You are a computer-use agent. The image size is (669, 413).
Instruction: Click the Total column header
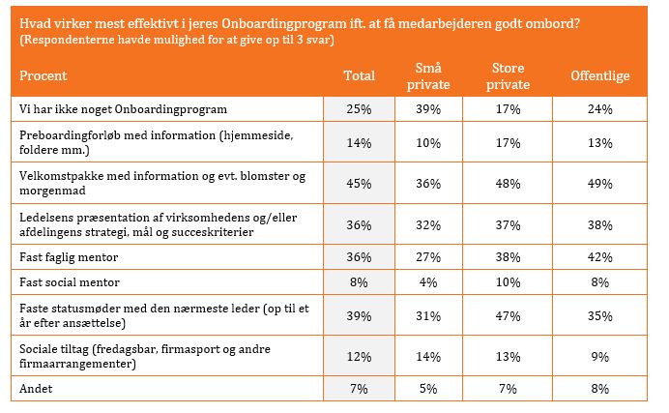360,75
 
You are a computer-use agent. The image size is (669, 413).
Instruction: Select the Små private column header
428,76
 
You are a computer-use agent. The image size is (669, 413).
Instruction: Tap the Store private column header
508,76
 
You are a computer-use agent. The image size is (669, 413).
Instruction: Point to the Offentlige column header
600,75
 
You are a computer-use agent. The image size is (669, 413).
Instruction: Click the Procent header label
44,75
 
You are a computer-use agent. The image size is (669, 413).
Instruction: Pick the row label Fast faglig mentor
69,257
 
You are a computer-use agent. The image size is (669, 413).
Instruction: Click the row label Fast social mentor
70,282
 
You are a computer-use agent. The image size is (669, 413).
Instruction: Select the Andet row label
36,389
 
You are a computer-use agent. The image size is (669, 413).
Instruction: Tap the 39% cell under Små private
428,109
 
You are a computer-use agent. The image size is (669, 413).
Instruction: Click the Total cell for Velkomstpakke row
359,184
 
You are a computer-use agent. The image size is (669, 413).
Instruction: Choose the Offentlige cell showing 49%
600,184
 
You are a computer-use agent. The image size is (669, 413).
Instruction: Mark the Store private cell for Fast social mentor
508,282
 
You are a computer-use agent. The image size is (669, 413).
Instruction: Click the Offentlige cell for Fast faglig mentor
600,257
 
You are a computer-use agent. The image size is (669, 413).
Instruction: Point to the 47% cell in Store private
508,315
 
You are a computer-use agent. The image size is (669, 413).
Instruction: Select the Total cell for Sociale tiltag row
359,356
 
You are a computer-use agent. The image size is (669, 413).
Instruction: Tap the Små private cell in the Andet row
428,389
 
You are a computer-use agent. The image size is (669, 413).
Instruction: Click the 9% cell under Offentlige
600,356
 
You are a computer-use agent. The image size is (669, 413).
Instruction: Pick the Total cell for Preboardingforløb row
359,142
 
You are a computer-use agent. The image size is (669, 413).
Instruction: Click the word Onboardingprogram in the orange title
283,23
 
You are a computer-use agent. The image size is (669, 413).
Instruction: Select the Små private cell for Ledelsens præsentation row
428,224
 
